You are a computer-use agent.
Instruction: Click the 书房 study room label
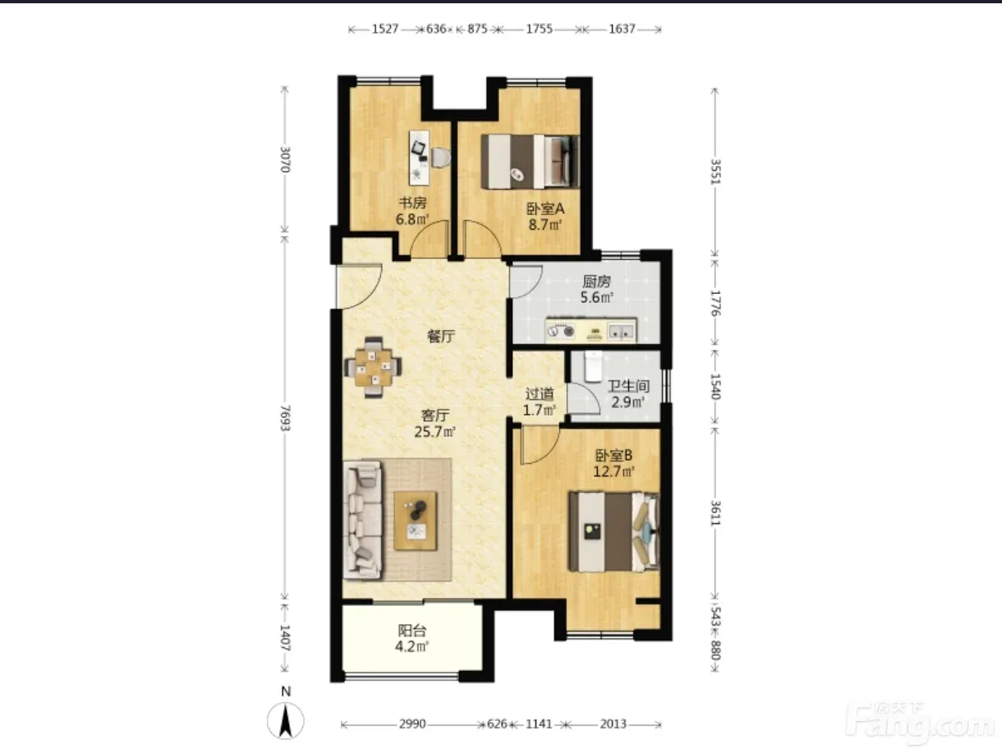click(412, 202)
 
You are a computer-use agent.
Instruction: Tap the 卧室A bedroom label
click(545, 209)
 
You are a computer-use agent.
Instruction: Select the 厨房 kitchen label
click(596, 282)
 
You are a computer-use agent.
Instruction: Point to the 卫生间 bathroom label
click(628, 386)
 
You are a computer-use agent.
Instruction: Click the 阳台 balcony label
click(412, 631)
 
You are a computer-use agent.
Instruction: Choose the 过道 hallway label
click(540, 393)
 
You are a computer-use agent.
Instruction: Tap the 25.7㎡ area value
click(435, 431)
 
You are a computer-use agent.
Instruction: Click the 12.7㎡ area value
click(614, 471)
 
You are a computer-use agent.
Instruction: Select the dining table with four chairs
click(374, 367)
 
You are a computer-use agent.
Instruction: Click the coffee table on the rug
click(416, 521)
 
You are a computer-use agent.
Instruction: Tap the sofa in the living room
click(363, 520)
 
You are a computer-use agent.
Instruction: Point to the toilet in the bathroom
click(593, 366)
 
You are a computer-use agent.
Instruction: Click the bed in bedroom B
click(614, 531)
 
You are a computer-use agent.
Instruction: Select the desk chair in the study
click(441, 158)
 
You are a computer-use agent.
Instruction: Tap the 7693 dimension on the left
click(285, 418)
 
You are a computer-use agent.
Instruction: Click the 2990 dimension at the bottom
click(412, 723)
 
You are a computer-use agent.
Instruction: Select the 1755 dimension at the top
click(539, 30)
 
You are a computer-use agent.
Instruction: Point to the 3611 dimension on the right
click(715, 513)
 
